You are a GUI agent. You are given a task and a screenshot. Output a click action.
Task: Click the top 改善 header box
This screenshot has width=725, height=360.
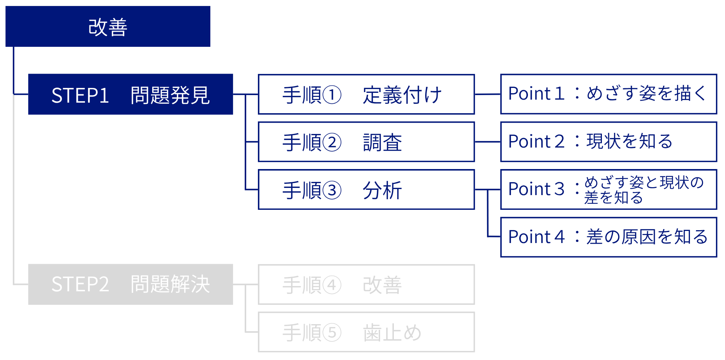pyautogui.click(x=108, y=26)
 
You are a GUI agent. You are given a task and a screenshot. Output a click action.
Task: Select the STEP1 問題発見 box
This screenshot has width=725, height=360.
pyautogui.click(x=130, y=94)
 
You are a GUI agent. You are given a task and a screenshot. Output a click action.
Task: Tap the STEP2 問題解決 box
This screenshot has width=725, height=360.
pyautogui.click(x=130, y=284)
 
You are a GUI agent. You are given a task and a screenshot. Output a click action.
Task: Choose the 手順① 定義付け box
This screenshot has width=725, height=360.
pyautogui.click(x=366, y=94)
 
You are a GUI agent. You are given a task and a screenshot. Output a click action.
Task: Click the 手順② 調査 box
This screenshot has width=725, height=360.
pyautogui.click(x=366, y=142)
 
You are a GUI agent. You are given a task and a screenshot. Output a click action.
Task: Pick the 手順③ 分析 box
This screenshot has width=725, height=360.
pyautogui.click(x=366, y=189)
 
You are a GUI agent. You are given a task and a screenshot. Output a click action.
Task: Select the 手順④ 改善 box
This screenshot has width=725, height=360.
pyautogui.click(x=366, y=285)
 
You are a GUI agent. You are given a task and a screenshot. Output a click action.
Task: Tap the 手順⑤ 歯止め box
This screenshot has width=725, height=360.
pyautogui.click(x=366, y=332)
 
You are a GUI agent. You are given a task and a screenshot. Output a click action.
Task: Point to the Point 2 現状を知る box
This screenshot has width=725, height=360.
pyautogui.click(x=608, y=142)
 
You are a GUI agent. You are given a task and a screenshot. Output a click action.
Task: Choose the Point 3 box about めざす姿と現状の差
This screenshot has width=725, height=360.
pyautogui.click(x=608, y=189)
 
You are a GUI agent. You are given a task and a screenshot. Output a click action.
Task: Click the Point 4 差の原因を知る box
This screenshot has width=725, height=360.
pyautogui.click(x=608, y=237)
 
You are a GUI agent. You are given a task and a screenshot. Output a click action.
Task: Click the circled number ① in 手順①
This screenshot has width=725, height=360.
pyautogui.click(x=332, y=95)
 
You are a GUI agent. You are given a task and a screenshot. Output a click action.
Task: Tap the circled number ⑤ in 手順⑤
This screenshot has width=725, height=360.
pyautogui.click(x=332, y=332)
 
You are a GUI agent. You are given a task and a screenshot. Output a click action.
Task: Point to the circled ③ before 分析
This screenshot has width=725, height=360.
pyautogui.click(x=332, y=190)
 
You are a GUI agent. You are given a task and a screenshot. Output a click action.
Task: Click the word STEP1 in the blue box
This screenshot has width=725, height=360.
pyautogui.click(x=80, y=95)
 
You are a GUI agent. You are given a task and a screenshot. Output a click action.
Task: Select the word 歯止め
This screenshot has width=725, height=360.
pyautogui.click(x=392, y=332)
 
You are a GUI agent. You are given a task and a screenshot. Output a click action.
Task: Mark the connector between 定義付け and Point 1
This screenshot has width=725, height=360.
pyautogui.click(x=487, y=94)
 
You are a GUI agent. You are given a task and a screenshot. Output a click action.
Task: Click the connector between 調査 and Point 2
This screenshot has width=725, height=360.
pyautogui.click(x=487, y=142)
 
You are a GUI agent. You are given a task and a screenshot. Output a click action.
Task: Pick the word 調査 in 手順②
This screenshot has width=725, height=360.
pyautogui.click(x=382, y=143)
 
